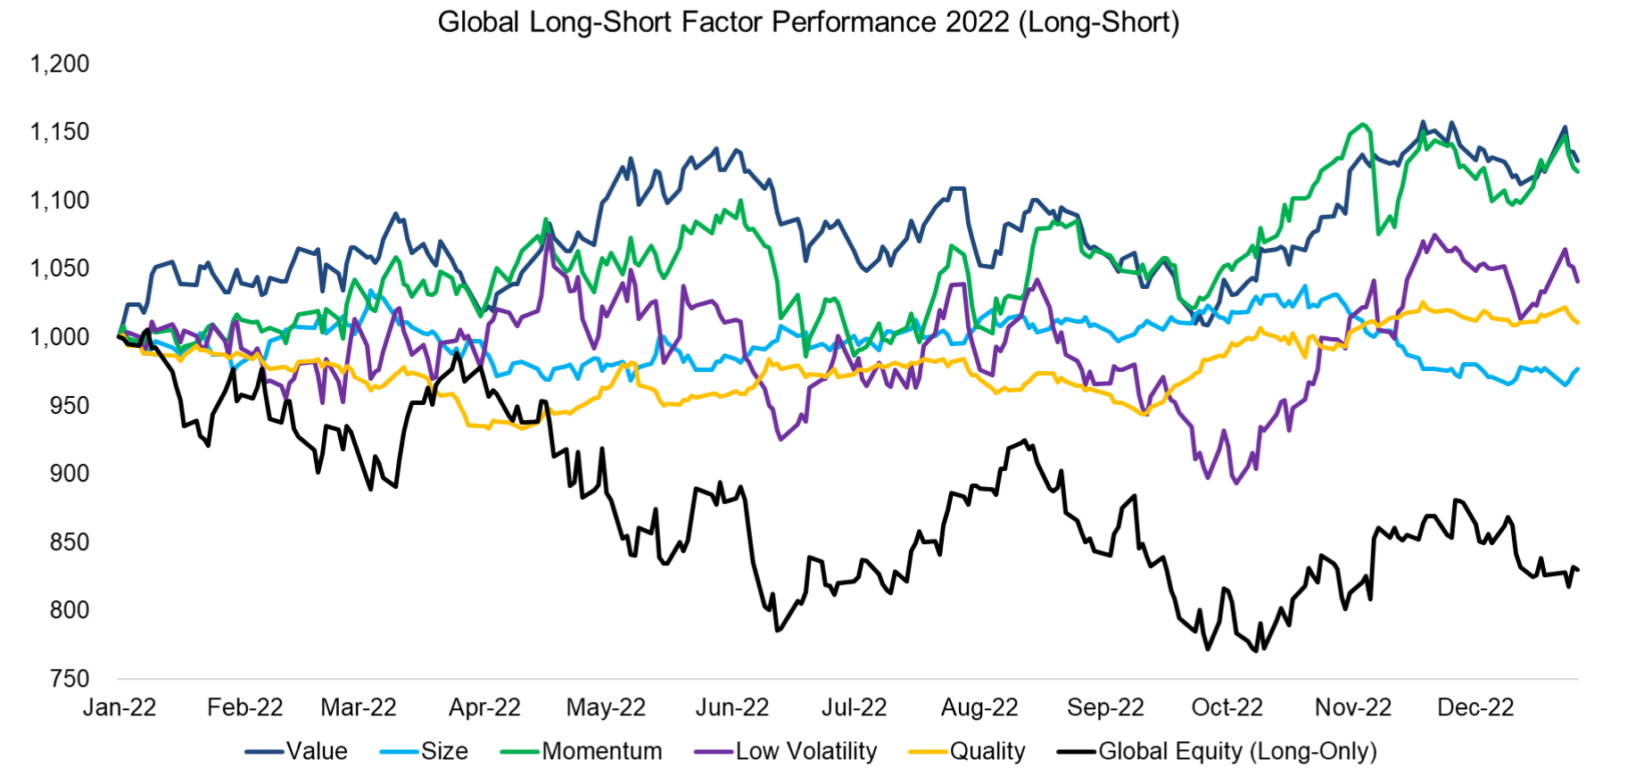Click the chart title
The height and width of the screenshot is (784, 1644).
[x=808, y=21]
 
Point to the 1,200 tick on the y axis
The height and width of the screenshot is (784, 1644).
[x=60, y=64]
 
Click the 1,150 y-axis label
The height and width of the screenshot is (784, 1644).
[x=60, y=132]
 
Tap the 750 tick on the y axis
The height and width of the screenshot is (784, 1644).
[x=70, y=679]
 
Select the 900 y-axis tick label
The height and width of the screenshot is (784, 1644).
[x=70, y=474]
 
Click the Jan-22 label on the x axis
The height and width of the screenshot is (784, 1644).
[x=120, y=708]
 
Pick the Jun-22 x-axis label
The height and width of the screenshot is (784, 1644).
[x=731, y=708]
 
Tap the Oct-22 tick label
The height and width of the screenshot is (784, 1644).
[x=1227, y=708]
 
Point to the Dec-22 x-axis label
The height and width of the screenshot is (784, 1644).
[x=1475, y=708]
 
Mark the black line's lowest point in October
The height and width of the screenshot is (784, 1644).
[x=1256, y=651]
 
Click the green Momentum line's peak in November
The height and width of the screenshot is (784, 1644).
[x=1362, y=124]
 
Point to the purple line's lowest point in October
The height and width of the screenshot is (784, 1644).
[x=1235, y=483]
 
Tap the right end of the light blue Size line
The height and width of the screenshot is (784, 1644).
[x=1578, y=368]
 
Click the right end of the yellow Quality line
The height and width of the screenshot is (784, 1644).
[x=1578, y=322]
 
